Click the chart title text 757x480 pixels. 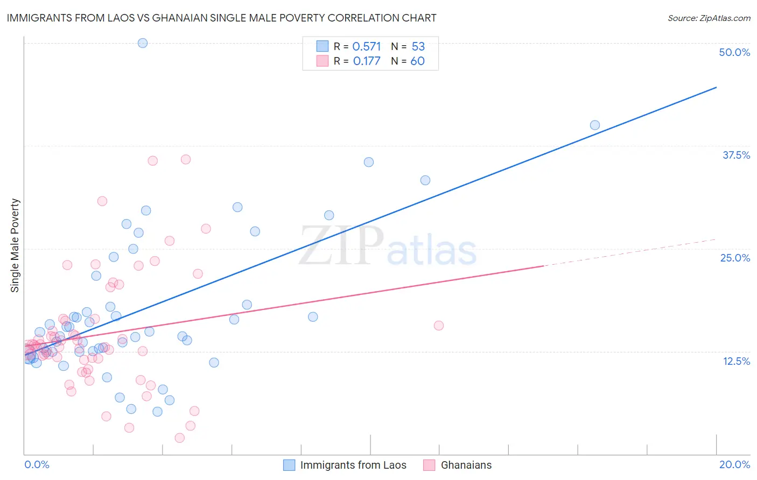point(221,18)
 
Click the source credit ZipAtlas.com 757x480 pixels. point(709,18)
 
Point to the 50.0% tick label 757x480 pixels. point(734,52)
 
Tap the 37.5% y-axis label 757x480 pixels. point(736,155)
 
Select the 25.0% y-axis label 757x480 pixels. point(735,258)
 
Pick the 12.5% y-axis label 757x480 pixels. point(736,361)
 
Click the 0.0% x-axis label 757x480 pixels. point(37,464)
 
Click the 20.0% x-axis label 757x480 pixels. point(734,464)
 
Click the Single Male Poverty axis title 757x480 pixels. point(15,245)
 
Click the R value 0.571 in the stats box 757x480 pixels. point(367,47)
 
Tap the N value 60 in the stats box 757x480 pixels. point(417,61)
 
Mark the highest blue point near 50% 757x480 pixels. point(143,43)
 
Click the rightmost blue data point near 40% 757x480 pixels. point(595,125)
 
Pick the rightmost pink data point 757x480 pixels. point(439,326)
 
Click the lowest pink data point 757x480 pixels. point(180,438)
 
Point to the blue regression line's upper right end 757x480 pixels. point(716,87)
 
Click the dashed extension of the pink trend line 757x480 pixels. point(630,252)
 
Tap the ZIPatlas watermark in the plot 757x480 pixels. point(388,246)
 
